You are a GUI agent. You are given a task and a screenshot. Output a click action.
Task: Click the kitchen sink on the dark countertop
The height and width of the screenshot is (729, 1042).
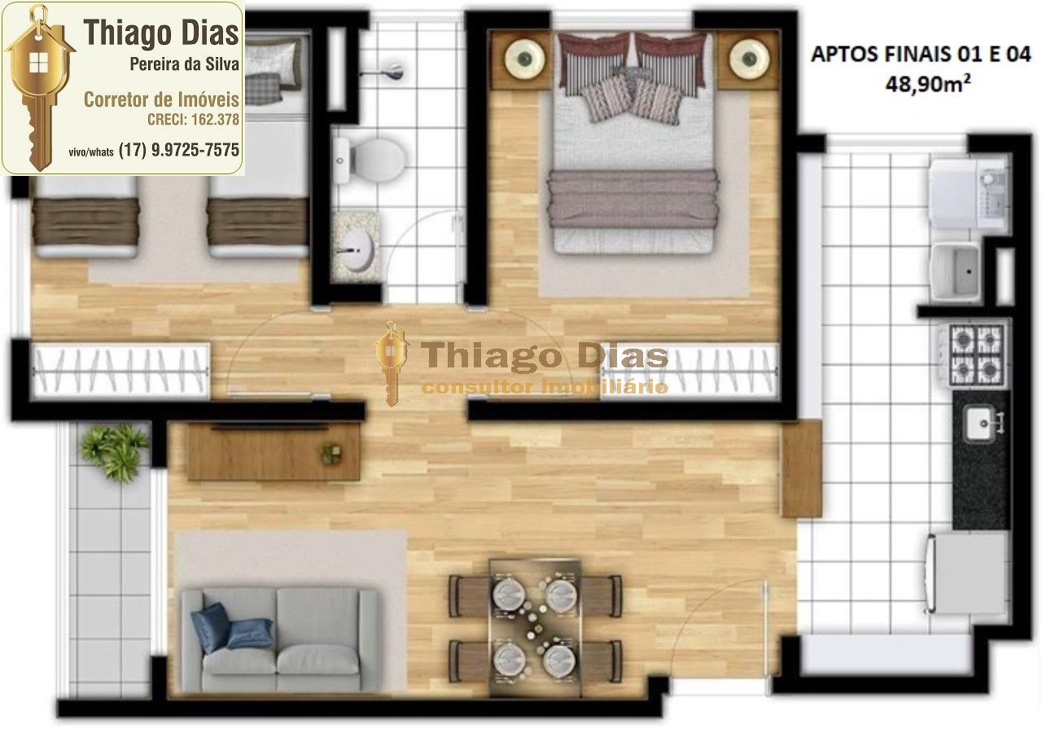click(980, 423)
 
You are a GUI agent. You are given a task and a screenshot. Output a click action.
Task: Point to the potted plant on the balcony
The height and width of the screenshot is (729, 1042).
click(115, 451)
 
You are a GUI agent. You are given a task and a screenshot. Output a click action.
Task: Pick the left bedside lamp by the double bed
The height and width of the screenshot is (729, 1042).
click(523, 58)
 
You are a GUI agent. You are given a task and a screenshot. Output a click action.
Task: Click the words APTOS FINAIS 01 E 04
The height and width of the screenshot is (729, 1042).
click(921, 55)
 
